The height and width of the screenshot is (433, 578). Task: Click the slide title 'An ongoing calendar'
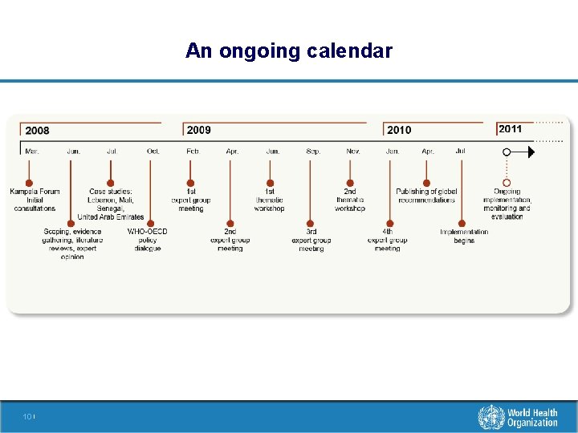click(x=288, y=51)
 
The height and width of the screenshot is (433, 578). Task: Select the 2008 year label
click(x=37, y=131)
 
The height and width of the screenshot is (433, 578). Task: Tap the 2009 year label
click(x=198, y=130)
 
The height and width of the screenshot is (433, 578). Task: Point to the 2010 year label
click(x=399, y=130)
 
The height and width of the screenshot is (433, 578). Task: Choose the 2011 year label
click(x=510, y=129)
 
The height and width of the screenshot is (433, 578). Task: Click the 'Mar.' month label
click(x=32, y=151)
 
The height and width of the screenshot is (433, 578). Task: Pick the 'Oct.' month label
click(x=153, y=151)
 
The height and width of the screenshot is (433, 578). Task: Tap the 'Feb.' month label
click(x=193, y=151)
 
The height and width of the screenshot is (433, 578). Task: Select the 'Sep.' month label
click(x=313, y=151)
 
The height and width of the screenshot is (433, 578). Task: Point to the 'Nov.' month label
click(x=353, y=151)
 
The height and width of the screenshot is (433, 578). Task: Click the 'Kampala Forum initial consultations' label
click(x=35, y=200)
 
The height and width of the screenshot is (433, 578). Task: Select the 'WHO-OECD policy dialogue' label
click(x=148, y=240)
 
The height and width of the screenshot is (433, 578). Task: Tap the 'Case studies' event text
click(x=111, y=204)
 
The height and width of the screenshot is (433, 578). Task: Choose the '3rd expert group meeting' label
click(x=311, y=240)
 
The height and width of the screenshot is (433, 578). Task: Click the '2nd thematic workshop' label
click(x=350, y=200)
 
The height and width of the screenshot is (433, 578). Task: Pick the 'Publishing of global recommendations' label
click(x=426, y=196)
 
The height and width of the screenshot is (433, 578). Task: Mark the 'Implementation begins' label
click(x=464, y=236)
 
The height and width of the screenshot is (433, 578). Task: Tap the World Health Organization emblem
click(x=491, y=417)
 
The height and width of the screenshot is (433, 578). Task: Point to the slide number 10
click(x=27, y=417)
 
